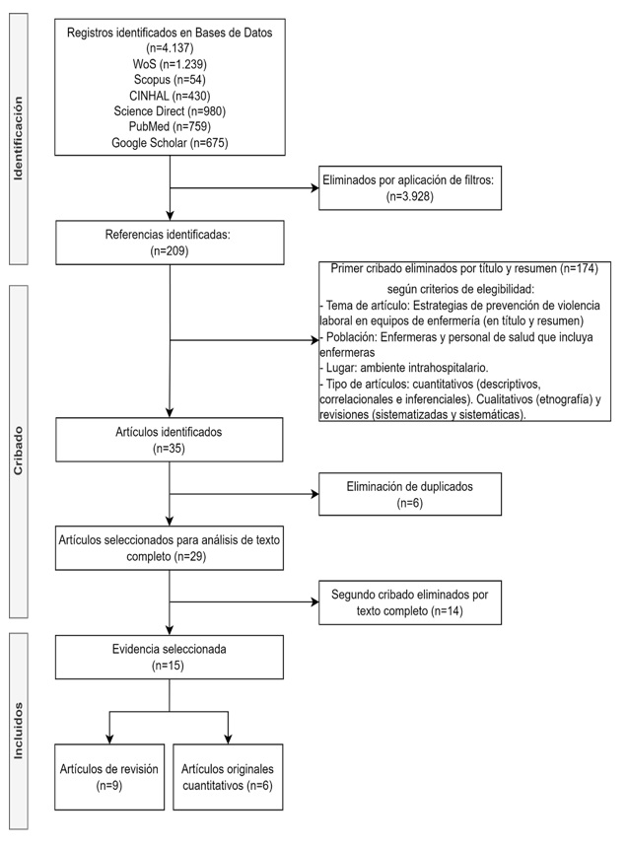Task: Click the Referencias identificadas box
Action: point(171,243)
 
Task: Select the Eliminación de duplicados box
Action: point(410,493)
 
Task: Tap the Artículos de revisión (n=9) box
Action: point(107,778)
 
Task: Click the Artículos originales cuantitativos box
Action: point(229,778)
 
